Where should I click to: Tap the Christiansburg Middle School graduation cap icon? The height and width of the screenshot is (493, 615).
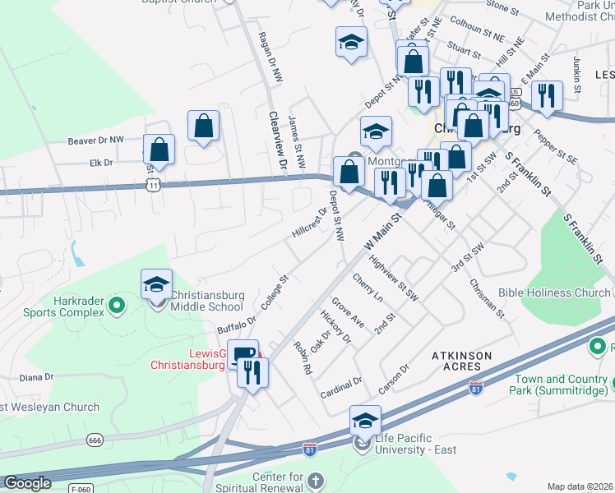[x=156, y=284]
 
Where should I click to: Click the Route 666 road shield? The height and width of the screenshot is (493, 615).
[x=95, y=440]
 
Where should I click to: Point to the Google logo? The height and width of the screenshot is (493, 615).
[x=27, y=483]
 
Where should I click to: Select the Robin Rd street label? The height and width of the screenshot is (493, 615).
[x=303, y=358]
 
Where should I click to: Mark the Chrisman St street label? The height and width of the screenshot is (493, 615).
[x=487, y=297]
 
